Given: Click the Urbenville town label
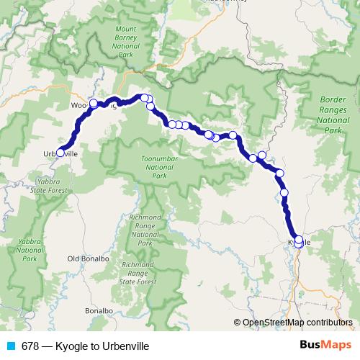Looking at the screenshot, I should pos(60,154).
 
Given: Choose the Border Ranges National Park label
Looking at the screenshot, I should pos(331,116).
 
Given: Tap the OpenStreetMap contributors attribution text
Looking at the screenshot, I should pos(300,323).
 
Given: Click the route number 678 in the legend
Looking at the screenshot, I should pos(30,346).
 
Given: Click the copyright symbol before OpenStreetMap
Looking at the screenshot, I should pos(238,323).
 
